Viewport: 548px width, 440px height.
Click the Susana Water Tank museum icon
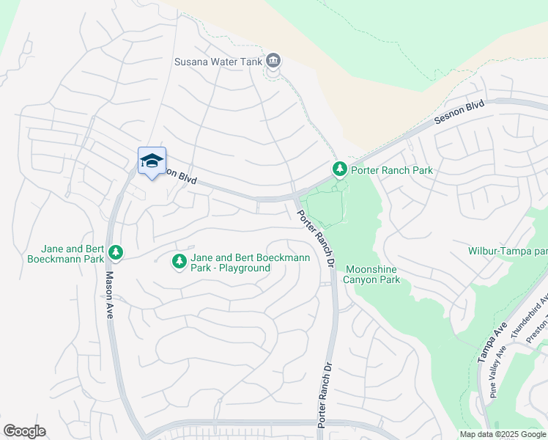(x=273, y=59)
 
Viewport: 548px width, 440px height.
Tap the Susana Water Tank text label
(x=218, y=62)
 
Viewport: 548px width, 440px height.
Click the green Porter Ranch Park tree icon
(x=339, y=169)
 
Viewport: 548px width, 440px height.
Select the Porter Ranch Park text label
(x=391, y=170)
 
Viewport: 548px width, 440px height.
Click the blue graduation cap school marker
(x=152, y=161)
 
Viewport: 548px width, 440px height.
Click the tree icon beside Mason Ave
(x=115, y=252)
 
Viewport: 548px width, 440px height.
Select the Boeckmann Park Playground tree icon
(x=179, y=261)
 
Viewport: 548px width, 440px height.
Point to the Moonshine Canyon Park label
(x=372, y=274)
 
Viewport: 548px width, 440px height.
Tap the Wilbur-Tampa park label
(x=508, y=252)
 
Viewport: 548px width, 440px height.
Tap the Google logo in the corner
(x=24, y=431)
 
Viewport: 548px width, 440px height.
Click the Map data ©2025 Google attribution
(x=503, y=434)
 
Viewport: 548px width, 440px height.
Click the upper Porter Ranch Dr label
(x=315, y=238)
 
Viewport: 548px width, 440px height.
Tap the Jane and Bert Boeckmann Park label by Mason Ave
(x=64, y=254)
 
